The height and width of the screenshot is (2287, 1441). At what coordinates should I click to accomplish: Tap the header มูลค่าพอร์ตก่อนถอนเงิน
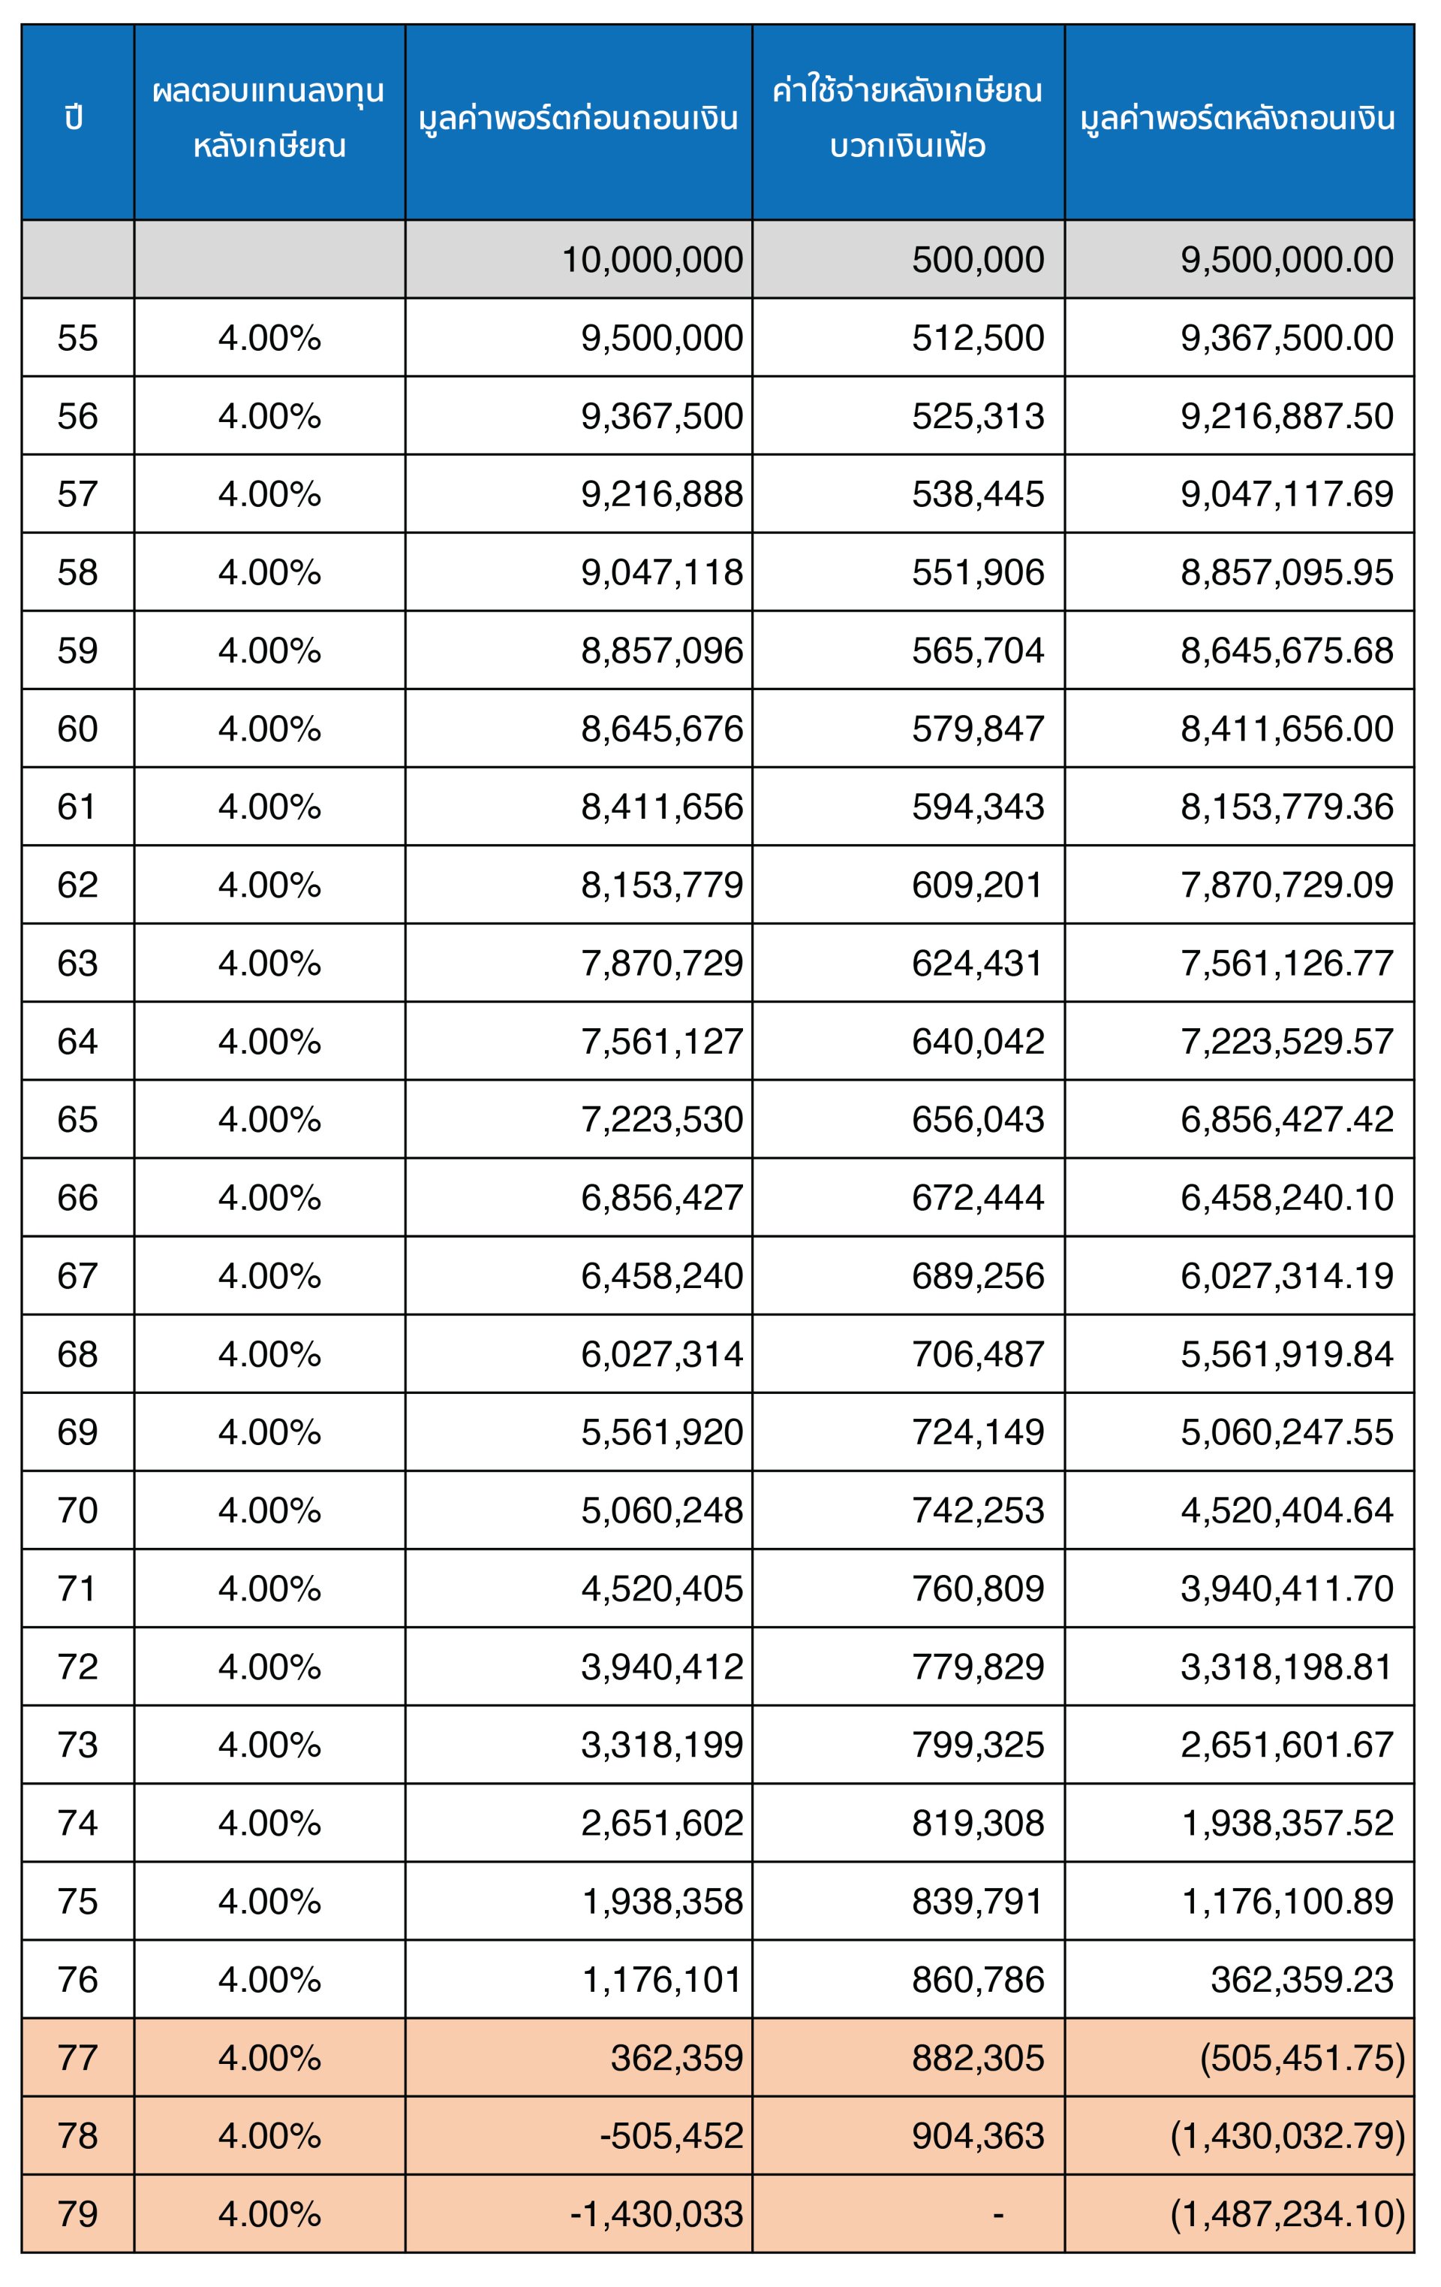pyautogui.click(x=578, y=119)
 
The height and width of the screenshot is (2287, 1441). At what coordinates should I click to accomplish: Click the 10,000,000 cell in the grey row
pyautogui.click(x=652, y=260)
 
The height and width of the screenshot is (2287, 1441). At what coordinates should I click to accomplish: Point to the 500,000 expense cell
pyautogui.click(x=978, y=260)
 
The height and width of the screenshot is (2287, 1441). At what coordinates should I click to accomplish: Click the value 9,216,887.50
pyautogui.click(x=1286, y=416)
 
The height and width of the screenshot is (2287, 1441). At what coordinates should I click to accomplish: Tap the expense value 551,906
pyautogui.click(x=978, y=573)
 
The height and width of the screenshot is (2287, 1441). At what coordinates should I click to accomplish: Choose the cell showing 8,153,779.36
pyautogui.click(x=1286, y=807)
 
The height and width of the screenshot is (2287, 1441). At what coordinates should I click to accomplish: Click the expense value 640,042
pyautogui.click(x=978, y=1042)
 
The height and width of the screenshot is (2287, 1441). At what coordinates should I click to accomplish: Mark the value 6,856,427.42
pyautogui.click(x=1286, y=1120)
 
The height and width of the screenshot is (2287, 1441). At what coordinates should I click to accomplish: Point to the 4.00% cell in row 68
pyautogui.click(x=269, y=1354)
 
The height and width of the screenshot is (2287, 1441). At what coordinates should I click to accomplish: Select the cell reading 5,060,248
pyautogui.click(x=662, y=1511)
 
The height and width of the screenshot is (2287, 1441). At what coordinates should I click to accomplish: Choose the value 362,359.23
pyautogui.click(x=1301, y=1981)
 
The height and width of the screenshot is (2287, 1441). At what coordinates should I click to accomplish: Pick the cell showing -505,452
pyautogui.click(x=671, y=2136)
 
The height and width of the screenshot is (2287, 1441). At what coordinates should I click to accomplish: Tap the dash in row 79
pyautogui.click(x=997, y=2215)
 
